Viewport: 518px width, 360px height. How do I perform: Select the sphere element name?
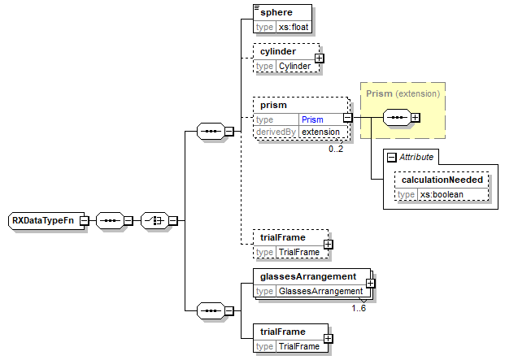(x=276, y=13)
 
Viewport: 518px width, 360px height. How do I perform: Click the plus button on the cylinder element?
(x=320, y=58)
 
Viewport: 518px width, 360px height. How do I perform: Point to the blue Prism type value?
(x=312, y=119)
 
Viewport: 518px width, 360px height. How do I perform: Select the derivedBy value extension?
(x=320, y=131)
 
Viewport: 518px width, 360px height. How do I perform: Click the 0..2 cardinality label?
(x=336, y=149)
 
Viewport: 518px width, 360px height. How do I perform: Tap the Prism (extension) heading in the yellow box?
(x=403, y=93)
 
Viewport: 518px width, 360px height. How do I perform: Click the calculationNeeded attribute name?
(x=442, y=180)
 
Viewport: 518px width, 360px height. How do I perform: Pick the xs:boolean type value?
(x=442, y=194)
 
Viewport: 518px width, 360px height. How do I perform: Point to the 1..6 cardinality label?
(x=359, y=308)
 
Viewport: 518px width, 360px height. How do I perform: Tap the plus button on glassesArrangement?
(x=370, y=283)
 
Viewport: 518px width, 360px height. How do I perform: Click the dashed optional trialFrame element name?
(x=281, y=237)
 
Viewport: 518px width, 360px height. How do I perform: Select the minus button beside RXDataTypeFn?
(x=85, y=220)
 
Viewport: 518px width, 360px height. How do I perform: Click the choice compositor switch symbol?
(x=152, y=220)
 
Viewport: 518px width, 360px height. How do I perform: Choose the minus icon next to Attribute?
(x=391, y=157)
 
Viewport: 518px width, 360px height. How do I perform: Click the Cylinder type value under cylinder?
(x=294, y=66)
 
